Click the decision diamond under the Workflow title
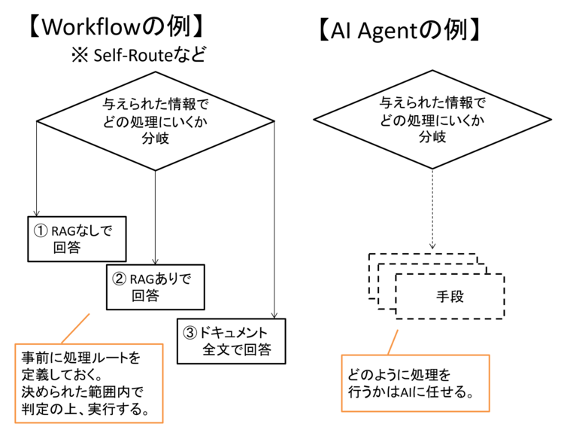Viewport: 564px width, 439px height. pyautogui.click(x=155, y=120)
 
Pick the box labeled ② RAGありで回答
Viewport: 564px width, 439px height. pyautogui.click(x=154, y=287)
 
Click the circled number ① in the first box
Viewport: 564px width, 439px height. pyautogui.click(x=39, y=230)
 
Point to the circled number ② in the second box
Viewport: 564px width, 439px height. pyautogui.click(x=119, y=279)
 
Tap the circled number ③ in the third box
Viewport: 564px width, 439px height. pyautogui.click(x=189, y=332)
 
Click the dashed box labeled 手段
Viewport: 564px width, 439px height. pyautogui.click(x=449, y=297)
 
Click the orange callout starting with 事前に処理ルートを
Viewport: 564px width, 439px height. pyautogui.click(x=83, y=383)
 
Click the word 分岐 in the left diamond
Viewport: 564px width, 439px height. pyautogui.click(x=155, y=138)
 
